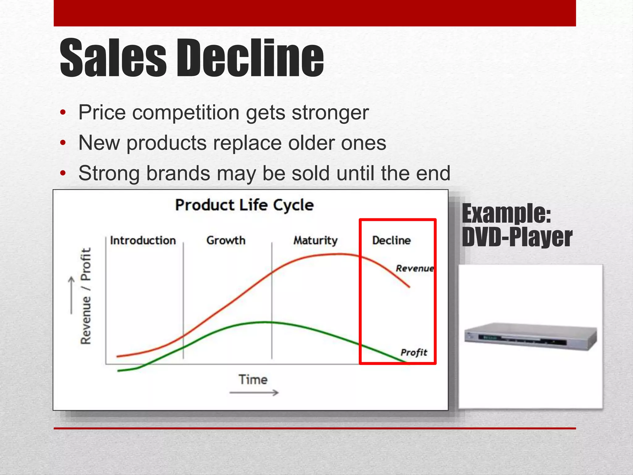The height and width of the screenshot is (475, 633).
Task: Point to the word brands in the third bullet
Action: [178, 173]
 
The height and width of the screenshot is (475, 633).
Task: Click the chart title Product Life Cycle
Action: [244, 205]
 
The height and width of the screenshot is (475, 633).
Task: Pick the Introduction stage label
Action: [143, 240]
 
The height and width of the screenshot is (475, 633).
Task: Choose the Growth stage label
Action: [226, 240]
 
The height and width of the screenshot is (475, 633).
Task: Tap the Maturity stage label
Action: [315, 240]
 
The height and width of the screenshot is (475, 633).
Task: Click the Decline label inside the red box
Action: [391, 240]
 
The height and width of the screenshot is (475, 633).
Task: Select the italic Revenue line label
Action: [415, 268]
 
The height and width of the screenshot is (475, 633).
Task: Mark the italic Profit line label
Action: [414, 352]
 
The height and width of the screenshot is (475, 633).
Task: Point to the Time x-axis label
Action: [253, 379]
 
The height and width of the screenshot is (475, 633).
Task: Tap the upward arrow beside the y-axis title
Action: [71, 295]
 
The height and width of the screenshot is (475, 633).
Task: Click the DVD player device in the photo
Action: [530, 337]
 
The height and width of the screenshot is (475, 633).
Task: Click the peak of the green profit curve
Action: [264, 322]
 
